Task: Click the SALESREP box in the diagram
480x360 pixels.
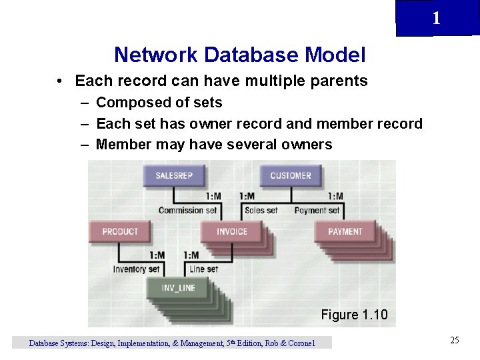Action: point(173,175)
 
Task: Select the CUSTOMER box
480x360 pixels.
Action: point(290,175)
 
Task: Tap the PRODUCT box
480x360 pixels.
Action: point(120,231)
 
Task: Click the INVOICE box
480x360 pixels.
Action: point(232,231)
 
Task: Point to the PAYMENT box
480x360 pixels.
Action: point(345,231)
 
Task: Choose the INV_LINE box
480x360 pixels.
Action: point(178,288)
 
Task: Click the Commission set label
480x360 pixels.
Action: point(187,210)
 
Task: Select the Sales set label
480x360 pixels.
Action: point(261,210)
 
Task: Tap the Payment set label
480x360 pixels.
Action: point(317,210)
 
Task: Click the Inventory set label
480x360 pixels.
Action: point(137,269)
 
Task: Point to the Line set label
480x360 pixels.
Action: point(203,269)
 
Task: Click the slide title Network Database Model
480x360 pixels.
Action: point(239,54)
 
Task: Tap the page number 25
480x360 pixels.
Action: point(455,341)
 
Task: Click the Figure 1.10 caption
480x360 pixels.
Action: point(354,315)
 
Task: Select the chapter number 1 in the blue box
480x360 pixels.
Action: point(436,19)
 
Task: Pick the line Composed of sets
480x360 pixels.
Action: point(159,103)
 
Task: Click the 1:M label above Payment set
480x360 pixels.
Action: point(335,196)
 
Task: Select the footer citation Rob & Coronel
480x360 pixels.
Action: point(290,343)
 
